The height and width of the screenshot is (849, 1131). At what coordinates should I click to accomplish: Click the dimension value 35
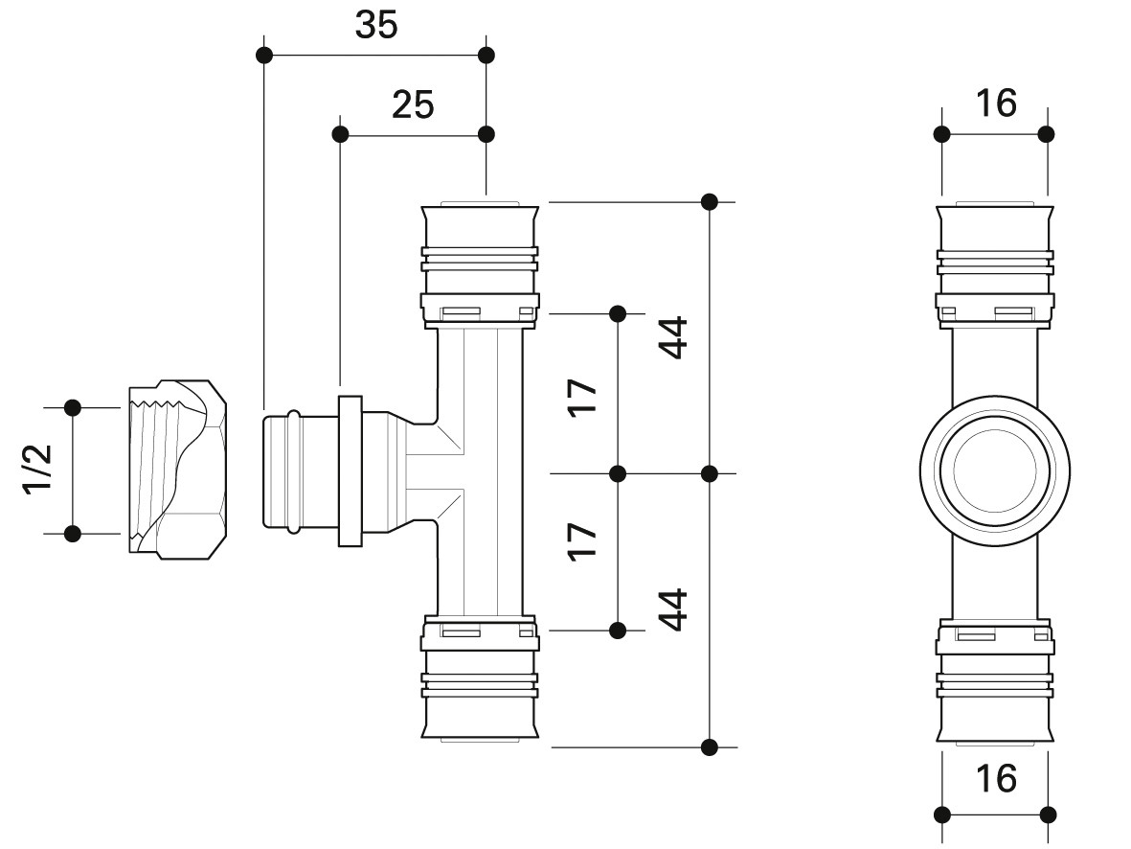(x=375, y=25)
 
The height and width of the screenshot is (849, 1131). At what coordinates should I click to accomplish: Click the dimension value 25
(x=413, y=104)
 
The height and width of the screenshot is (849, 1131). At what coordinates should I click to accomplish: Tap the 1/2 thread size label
(x=37, y=470)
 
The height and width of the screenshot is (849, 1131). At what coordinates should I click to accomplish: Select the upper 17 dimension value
(x=582, y=397)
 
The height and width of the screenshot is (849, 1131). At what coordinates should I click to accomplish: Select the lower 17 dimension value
(x=582, y=541)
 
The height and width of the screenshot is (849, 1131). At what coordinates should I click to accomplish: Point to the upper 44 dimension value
(x=673, y=338)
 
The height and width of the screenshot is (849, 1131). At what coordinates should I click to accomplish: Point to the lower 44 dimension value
(x=673, y=610)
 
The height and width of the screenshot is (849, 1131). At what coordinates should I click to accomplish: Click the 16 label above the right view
(x=996, y=103)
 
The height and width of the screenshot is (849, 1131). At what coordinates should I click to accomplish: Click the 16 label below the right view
(x=996, y=778)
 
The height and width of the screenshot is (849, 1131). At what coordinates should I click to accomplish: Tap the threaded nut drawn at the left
(x=178, y=470)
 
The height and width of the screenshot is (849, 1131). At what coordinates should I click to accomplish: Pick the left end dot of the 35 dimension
(x=264, y=55)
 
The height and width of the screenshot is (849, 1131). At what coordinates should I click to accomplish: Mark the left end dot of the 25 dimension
(x=340, y=134)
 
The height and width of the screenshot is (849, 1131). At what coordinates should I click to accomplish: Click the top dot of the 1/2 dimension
(x=72, y=408)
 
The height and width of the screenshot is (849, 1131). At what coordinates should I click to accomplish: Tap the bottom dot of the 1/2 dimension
(x=72, y=535)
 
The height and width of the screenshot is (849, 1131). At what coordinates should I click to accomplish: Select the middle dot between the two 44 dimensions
(x=709, y=473)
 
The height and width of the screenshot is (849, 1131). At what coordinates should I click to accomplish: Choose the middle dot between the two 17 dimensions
(x=618, y=473)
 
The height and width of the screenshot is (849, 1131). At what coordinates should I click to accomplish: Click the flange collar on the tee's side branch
(x=350, y=470)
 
